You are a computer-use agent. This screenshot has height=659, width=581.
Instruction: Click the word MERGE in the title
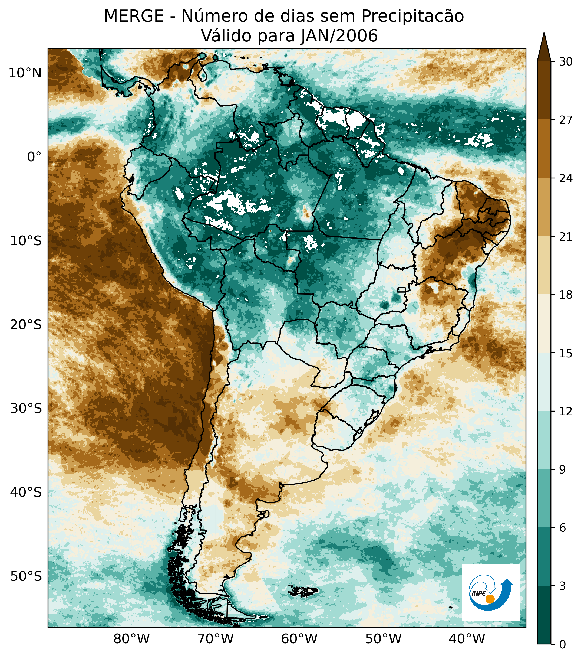click(134, 16)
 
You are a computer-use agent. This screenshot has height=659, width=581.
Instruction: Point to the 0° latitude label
click(34, 157)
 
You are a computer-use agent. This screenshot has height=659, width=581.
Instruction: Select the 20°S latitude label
click(26, 325)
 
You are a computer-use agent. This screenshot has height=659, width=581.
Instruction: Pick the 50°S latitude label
click(26, 576)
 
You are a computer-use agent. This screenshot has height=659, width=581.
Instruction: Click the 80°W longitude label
click(132, 639)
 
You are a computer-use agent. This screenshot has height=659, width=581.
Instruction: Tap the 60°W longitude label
click(299, 639)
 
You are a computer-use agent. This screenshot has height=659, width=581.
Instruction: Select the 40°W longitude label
click(467, 639)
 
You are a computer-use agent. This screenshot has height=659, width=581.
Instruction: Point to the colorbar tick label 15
click(566, 354)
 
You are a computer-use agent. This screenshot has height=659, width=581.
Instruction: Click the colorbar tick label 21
click(566, 237)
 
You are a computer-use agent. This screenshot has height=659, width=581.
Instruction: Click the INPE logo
click(491, 592)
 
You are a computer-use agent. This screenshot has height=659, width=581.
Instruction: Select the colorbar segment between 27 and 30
click(544, 90)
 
